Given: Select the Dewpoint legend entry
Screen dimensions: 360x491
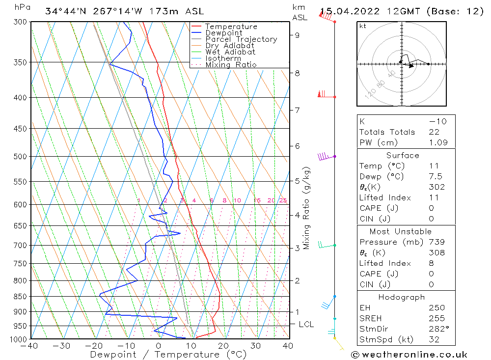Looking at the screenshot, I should click(223, 33).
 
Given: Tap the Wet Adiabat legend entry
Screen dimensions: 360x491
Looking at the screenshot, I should click(230, 52).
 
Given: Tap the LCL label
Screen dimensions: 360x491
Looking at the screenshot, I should click(306, 325).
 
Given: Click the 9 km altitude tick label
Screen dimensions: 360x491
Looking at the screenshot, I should click(297, 35).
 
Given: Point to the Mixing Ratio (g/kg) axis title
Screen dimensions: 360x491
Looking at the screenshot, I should click(307, 208).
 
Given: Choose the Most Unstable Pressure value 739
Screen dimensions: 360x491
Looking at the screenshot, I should click(436, 242).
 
